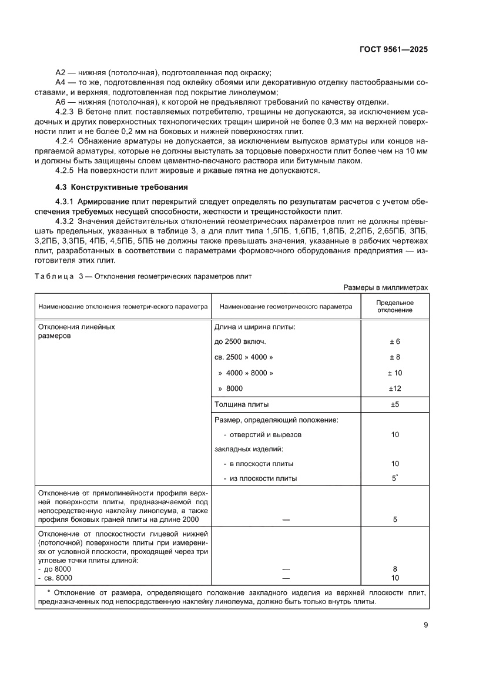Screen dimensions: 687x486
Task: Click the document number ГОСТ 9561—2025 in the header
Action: tap(392, 49)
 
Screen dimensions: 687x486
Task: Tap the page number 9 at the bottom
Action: tap(425, 625)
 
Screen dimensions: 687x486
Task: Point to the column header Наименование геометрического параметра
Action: tap(286, 306)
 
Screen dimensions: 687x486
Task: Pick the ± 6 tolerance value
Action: tap(394, 341)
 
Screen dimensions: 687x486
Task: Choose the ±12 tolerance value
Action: tap(394, 388)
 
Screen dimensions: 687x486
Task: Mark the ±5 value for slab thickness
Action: tap(394, 404)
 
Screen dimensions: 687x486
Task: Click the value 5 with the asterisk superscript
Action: tap(394, 478)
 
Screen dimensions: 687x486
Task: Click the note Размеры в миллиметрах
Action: tap(386, 287)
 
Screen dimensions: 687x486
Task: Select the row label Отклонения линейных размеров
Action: tap(76, 331)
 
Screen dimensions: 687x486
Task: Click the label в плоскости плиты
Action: tap(258, 463)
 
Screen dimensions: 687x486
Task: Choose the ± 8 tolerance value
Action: tap(394, 357)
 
